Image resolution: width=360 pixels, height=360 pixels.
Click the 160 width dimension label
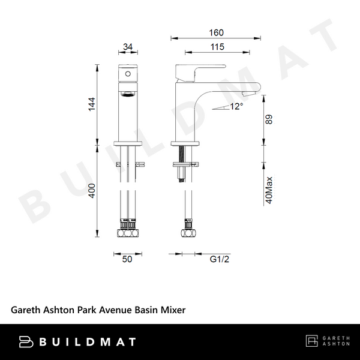(x=217, y=32)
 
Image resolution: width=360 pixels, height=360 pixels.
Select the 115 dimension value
(x=217, y=47)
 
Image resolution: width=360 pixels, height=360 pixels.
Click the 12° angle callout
(x=236, y=106)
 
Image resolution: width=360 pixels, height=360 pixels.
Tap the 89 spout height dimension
(x=269, y=121)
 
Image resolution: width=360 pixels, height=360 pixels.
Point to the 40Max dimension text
(x=269, y=191)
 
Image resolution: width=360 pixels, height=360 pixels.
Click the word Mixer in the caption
(x=172, y=310)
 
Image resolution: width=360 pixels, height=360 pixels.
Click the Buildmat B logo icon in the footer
(x=26, y=342)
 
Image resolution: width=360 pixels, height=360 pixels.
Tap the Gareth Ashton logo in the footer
(x=326, y=342)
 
